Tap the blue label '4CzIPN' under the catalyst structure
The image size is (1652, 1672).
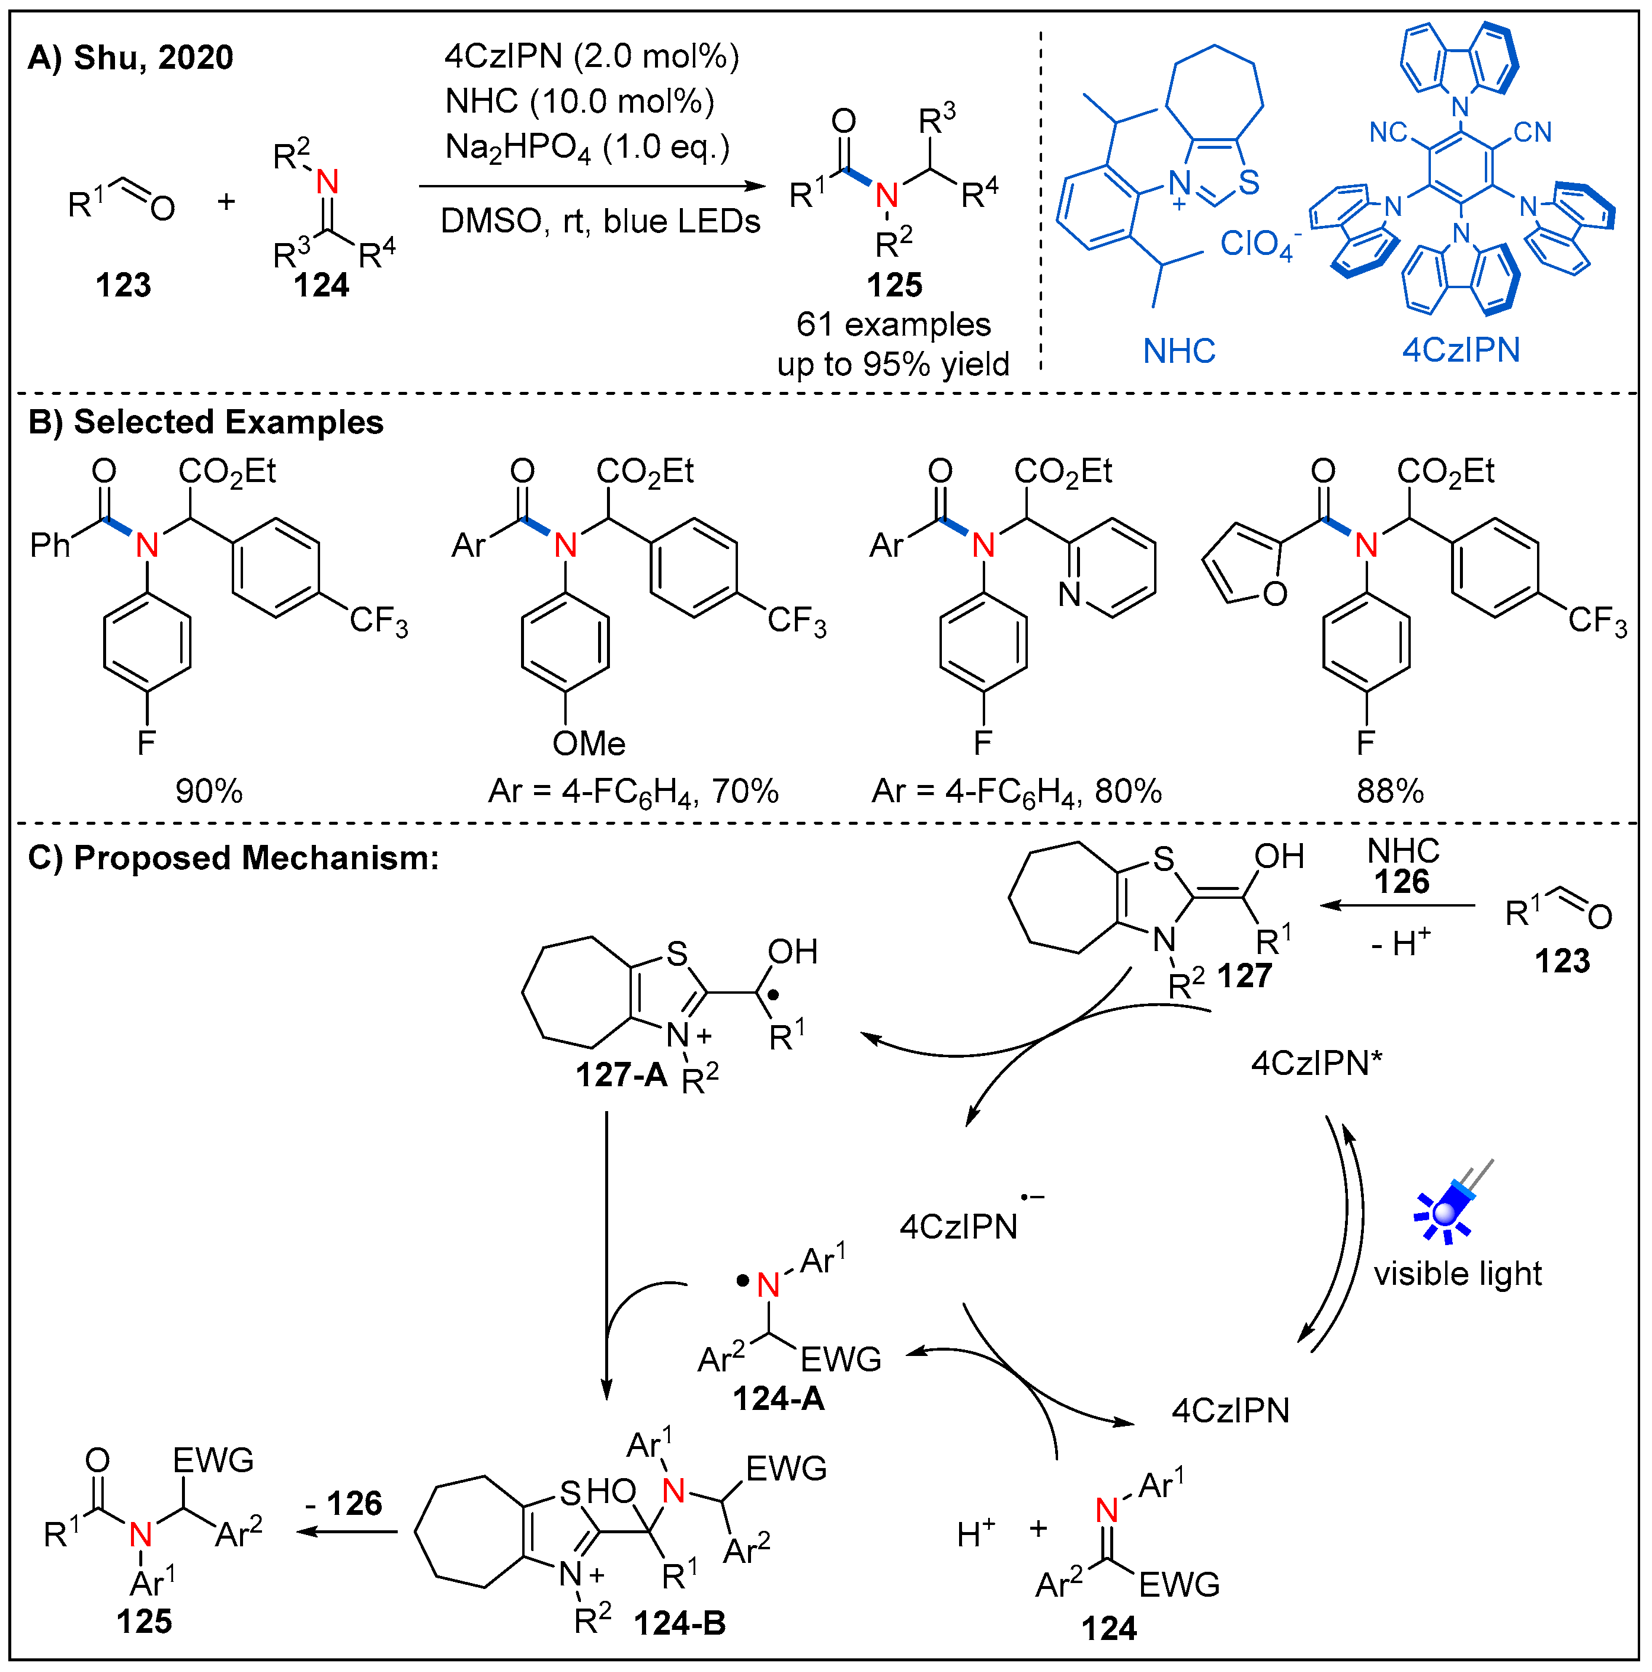[1461, 350]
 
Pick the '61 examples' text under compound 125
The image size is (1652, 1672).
[893, 324]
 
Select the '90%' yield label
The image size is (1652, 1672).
[209, 791]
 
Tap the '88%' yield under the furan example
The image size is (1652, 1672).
[1390, 791]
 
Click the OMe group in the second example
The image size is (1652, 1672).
[589, 744]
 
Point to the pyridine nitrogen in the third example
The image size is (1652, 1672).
[1069, 595]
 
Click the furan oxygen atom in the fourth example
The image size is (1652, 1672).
[1274, 594]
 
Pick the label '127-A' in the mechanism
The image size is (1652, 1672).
[621, 1076]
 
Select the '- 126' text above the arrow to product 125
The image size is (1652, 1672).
[344, 1503]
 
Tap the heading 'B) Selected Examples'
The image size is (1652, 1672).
[206, 422]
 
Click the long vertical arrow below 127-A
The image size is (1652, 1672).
[606, 1255]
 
